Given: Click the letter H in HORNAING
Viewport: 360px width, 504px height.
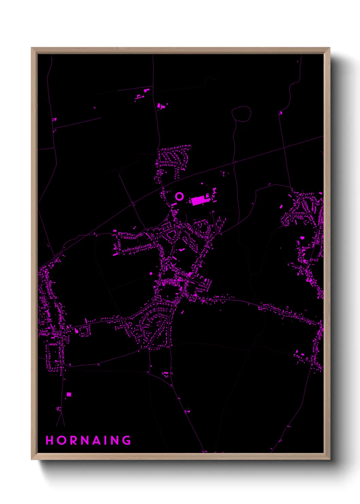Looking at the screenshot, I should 49,440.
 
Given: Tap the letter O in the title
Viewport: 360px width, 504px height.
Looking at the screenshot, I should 62,440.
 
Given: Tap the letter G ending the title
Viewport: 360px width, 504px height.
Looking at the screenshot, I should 127,440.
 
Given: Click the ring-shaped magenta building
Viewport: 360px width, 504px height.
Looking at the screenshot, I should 179,196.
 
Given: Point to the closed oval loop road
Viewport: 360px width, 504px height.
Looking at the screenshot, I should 241,114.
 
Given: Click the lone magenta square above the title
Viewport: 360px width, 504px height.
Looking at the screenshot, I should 69,394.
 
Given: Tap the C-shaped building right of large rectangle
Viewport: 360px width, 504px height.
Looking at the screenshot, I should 214,191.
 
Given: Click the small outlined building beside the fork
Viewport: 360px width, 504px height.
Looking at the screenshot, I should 59,409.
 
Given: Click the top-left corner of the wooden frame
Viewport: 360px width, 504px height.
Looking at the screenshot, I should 32,48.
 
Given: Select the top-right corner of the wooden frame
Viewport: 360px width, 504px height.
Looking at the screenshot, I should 329,48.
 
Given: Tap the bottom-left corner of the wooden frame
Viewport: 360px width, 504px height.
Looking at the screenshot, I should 32,459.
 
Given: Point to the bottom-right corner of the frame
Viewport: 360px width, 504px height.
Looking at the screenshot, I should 329,459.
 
